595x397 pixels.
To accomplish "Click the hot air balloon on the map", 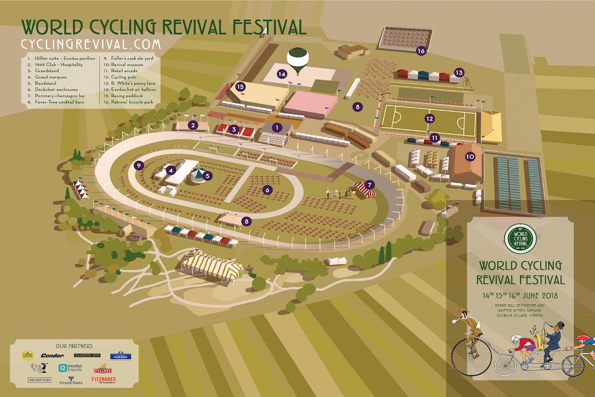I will [297, 58].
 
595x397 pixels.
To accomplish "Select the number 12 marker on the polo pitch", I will [430, 119].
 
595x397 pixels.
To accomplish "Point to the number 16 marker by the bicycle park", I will [421, 51].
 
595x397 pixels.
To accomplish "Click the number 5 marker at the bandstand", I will [208, 175].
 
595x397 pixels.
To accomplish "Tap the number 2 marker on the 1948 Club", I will [192, 126].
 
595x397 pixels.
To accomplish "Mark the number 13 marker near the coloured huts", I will [459, 73].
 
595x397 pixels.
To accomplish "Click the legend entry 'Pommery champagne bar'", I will [54, 96].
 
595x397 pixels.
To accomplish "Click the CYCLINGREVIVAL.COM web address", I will [91, 44].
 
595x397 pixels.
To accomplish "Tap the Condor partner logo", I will [53, 355].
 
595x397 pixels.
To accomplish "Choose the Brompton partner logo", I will [39, 380].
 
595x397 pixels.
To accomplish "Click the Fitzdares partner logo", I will [104, 380].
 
